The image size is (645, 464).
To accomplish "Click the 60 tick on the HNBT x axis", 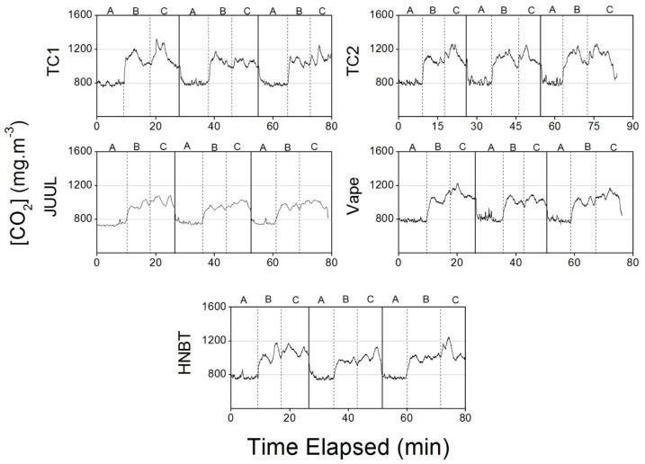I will (407, 418).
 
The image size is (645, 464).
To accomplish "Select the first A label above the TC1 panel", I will (111, 11).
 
